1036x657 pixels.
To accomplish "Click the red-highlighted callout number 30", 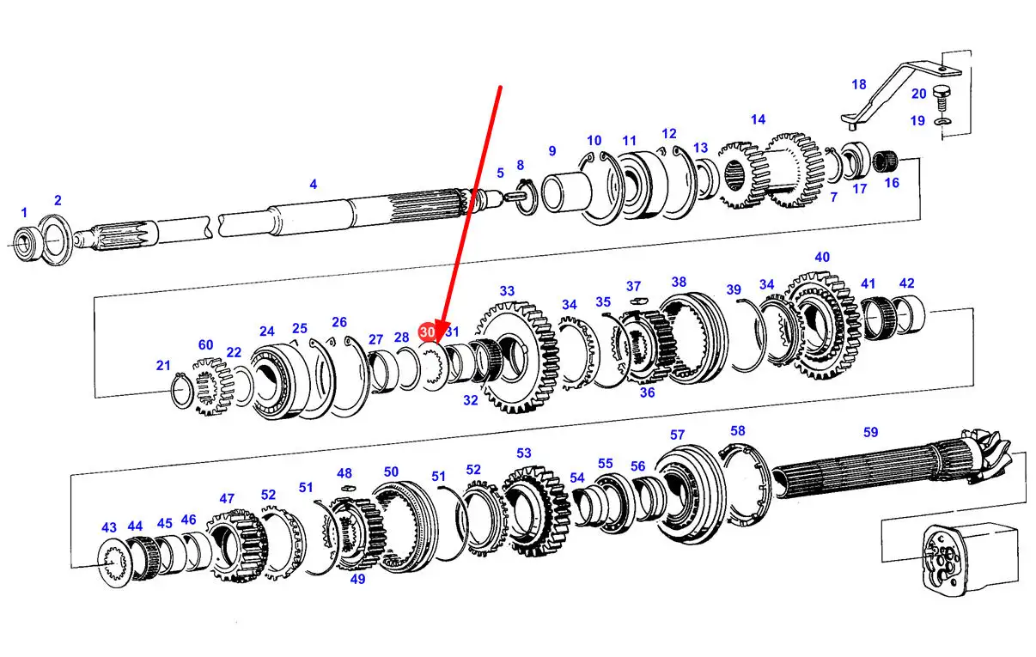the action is coord(426,332).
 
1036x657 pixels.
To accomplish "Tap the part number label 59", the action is coord(870,432).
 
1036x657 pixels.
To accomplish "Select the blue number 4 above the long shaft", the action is coord(313,185).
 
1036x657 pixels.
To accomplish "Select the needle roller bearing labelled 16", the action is coord(885,161).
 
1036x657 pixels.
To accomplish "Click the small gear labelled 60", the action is coord(213,387).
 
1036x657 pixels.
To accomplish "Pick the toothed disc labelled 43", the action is coord(113,563).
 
